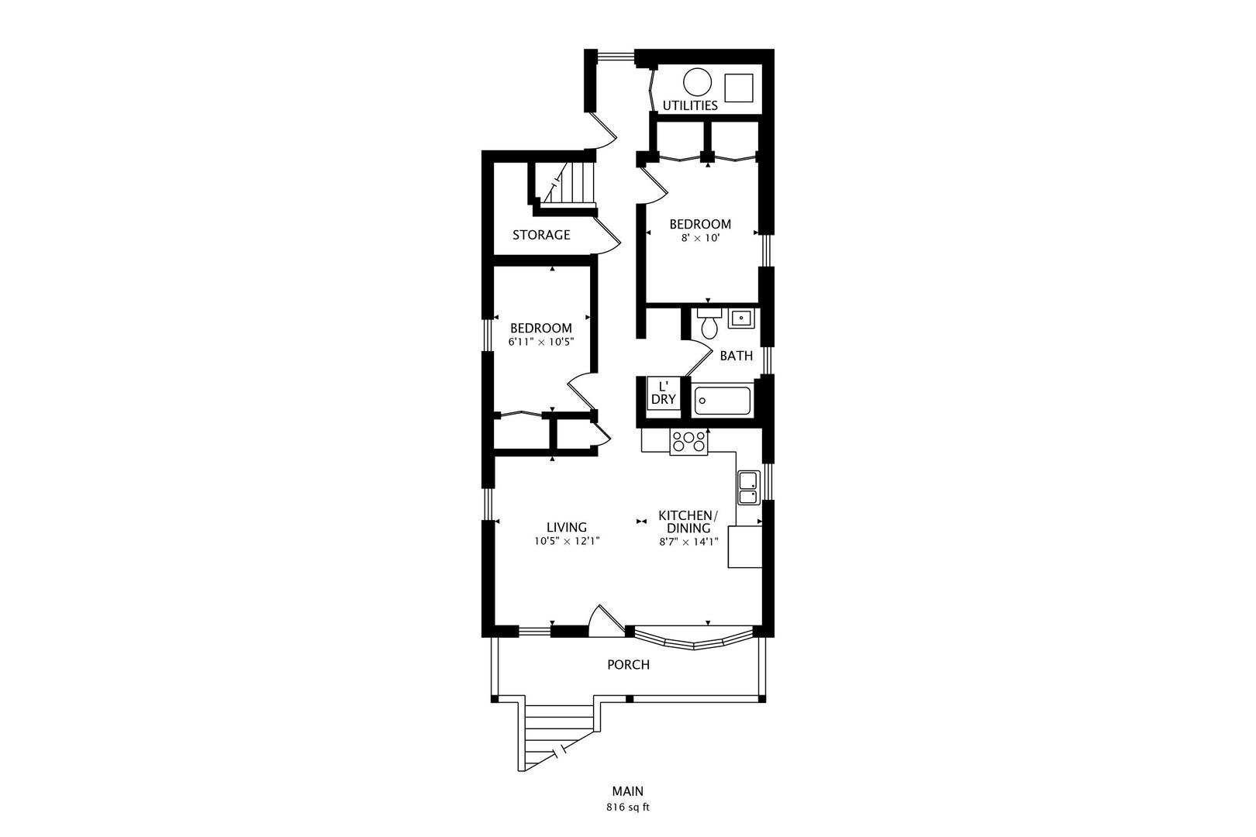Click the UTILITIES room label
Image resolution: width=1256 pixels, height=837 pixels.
click(x=690, y=105)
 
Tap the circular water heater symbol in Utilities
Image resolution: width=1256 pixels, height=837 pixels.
click(x=698, y=82)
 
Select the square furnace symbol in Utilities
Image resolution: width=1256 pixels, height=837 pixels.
click(x=739, y=88)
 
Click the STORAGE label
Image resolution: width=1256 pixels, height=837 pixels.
click(x=541, y=235)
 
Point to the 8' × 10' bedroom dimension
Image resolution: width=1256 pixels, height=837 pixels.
click(x=700, y=238)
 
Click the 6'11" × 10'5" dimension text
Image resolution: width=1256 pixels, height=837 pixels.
click(x=541, y=342)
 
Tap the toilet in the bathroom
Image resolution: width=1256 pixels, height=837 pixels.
click(x=709, y=323)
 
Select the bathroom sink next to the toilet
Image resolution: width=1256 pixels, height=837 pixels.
click(x=741, y=318)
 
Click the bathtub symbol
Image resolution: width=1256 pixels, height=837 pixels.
click(x=723, y=401)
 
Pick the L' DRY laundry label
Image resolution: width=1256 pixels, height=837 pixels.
click(x=664, y=393)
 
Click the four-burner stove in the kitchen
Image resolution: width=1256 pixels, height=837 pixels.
click(x=689, y=441)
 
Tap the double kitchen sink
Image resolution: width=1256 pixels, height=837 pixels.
click(x=748, y=487)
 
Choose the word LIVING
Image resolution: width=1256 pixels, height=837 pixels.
click(x=567, y=528)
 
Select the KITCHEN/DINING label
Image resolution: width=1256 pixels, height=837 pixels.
click(x=688, y=522)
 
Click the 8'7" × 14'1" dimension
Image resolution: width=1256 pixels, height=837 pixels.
click(x=689, y=542)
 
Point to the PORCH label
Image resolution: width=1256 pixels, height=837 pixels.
click(x=629, y=665)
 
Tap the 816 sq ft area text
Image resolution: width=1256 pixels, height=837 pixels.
click(x=628, y=808)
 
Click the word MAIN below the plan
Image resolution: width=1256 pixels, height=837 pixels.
click(x=628, y=791)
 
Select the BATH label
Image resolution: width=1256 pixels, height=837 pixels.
click(x=737, y=356)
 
